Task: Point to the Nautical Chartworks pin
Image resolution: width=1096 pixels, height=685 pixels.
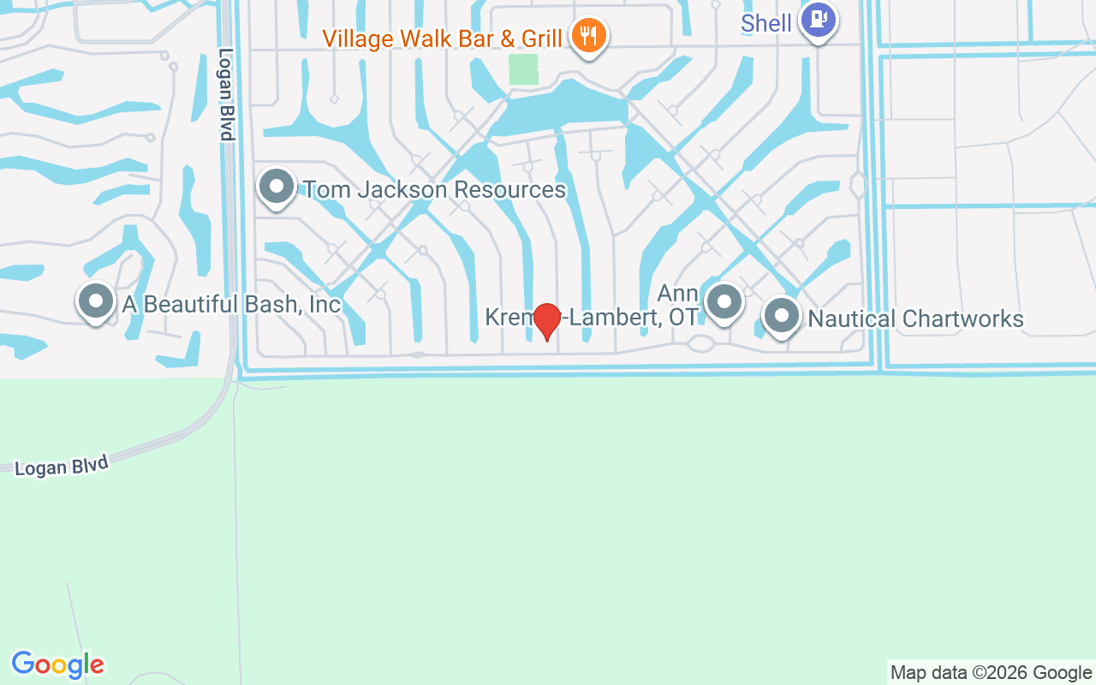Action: tap(781, 316)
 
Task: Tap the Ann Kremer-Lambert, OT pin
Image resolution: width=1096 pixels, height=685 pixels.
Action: tap(724, 301)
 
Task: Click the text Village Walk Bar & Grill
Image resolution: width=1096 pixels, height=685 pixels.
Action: tap(442, 39)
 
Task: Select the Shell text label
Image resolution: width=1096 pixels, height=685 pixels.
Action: tap(766, 23)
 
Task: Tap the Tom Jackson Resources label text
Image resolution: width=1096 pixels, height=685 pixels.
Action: tap(435, 189)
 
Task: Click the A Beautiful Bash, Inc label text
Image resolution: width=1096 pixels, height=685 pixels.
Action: tap(231, 304)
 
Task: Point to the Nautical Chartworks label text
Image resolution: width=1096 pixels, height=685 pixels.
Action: tap(915, 319)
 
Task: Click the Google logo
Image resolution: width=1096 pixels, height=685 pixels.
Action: tap(57, 664)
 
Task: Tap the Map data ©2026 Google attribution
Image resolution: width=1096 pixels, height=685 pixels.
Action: tap(991, 673)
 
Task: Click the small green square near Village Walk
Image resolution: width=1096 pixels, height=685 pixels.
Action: tap(523, 69)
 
